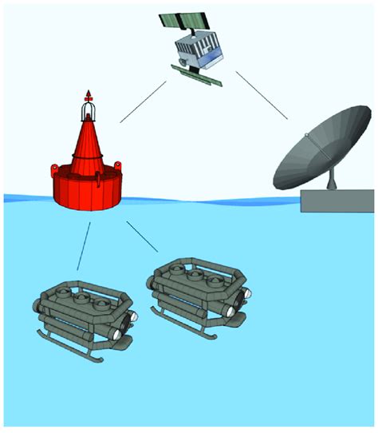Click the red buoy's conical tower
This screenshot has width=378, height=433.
(x=88, y=144)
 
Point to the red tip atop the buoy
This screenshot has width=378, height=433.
(x=88, y=93)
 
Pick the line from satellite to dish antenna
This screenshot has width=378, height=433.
(x=261, y=101)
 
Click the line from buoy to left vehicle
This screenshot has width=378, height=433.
(x=84, y=245)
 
